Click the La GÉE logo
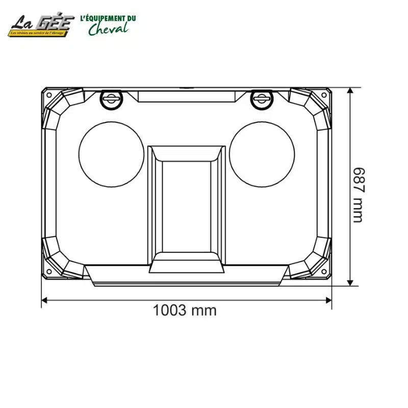coord(41,26)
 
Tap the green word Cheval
coord(108,29)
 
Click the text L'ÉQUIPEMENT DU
coord(108,18)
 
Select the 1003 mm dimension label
coord(185,310)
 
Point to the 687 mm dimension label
coord(359,195)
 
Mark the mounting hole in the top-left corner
coord(49,95)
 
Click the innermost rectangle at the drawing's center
coord(186,206)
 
